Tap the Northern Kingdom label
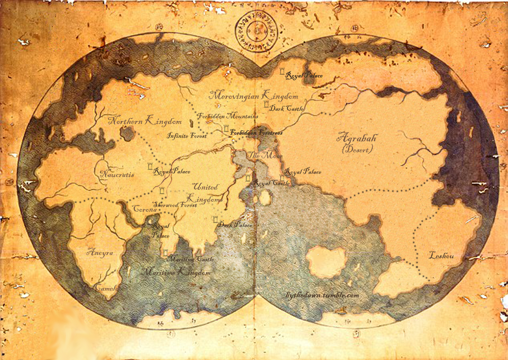[145, 121]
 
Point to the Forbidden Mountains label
[228, 116]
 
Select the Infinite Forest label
[187, 136]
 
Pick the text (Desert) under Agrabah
[357, 149]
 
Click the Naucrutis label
[117, 174]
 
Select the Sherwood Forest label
[175, 205]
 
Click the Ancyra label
[100, 253]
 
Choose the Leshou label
[441, 255]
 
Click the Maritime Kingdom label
[176, 273]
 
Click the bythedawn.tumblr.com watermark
[322, 296]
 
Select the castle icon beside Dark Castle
[266, 105]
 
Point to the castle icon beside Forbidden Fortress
[226, 129]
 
